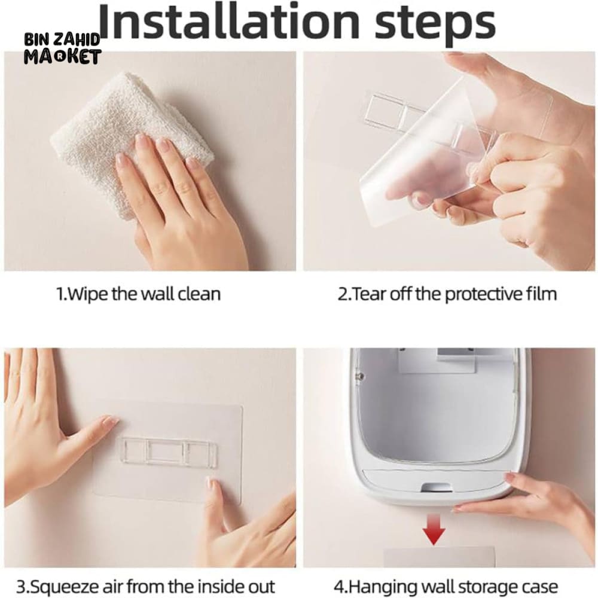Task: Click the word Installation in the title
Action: point(229,22)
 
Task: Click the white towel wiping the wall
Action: point(130,141)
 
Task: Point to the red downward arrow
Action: point(434,529)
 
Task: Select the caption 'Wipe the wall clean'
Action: point(138,294)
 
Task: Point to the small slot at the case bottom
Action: point(437,487)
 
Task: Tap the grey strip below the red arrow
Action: point(438,557)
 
